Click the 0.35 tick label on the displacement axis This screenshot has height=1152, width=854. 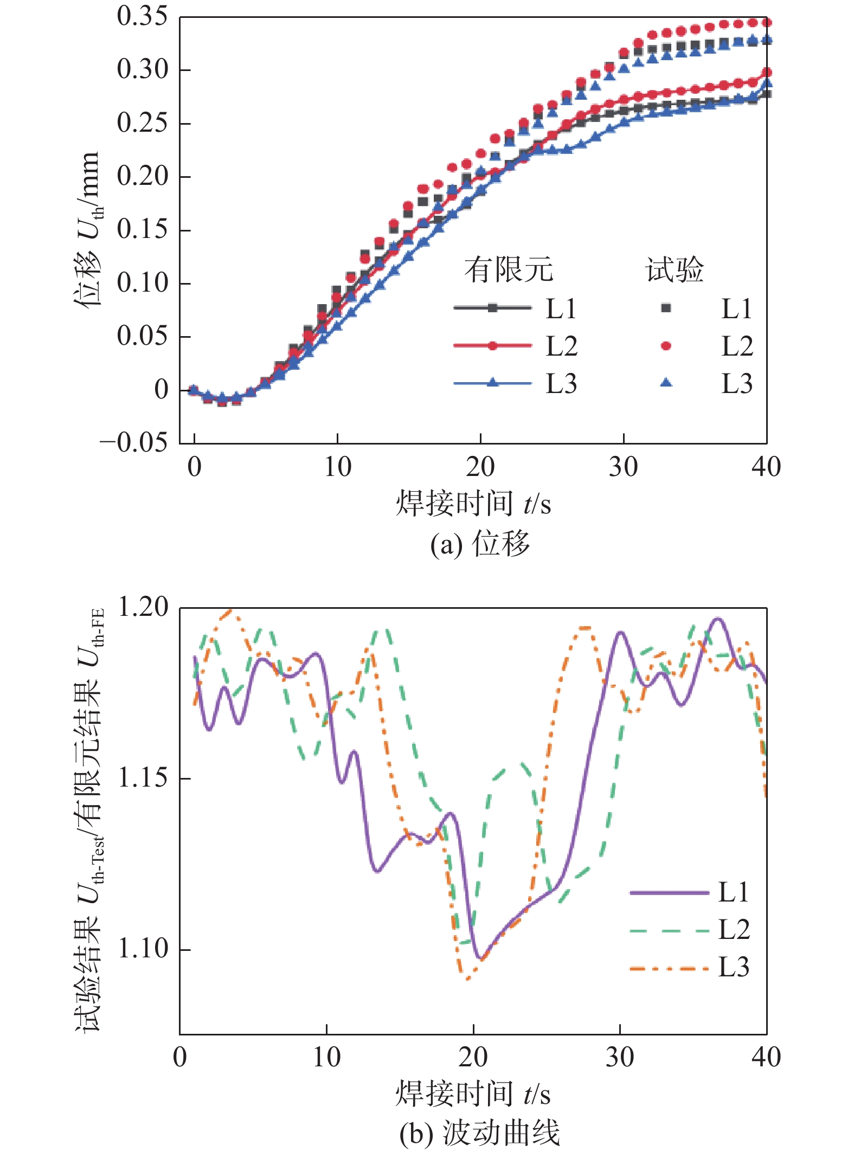(x=142, y=17)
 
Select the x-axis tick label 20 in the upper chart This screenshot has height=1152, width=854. (x=480, y=467)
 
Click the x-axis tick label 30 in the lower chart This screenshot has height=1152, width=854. (x=619, y=1058)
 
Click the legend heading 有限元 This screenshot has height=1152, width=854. (x=508, y=269)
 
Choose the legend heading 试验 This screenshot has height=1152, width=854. (x=674, y=269)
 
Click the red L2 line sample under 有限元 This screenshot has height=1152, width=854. (x=492, y=346)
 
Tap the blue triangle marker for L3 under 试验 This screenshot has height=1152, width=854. (x=666, y=383)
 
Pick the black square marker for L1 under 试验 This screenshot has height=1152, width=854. (x=666, y=308)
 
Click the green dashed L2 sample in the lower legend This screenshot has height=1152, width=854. (x=669, y=931)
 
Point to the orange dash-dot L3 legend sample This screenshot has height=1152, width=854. (x=669, y=968)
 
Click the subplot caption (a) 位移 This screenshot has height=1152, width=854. (x=479, y=544)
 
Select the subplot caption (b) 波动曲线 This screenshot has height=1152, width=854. (x=479, y=1134)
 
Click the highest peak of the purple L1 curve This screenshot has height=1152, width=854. (x=718, y=619)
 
